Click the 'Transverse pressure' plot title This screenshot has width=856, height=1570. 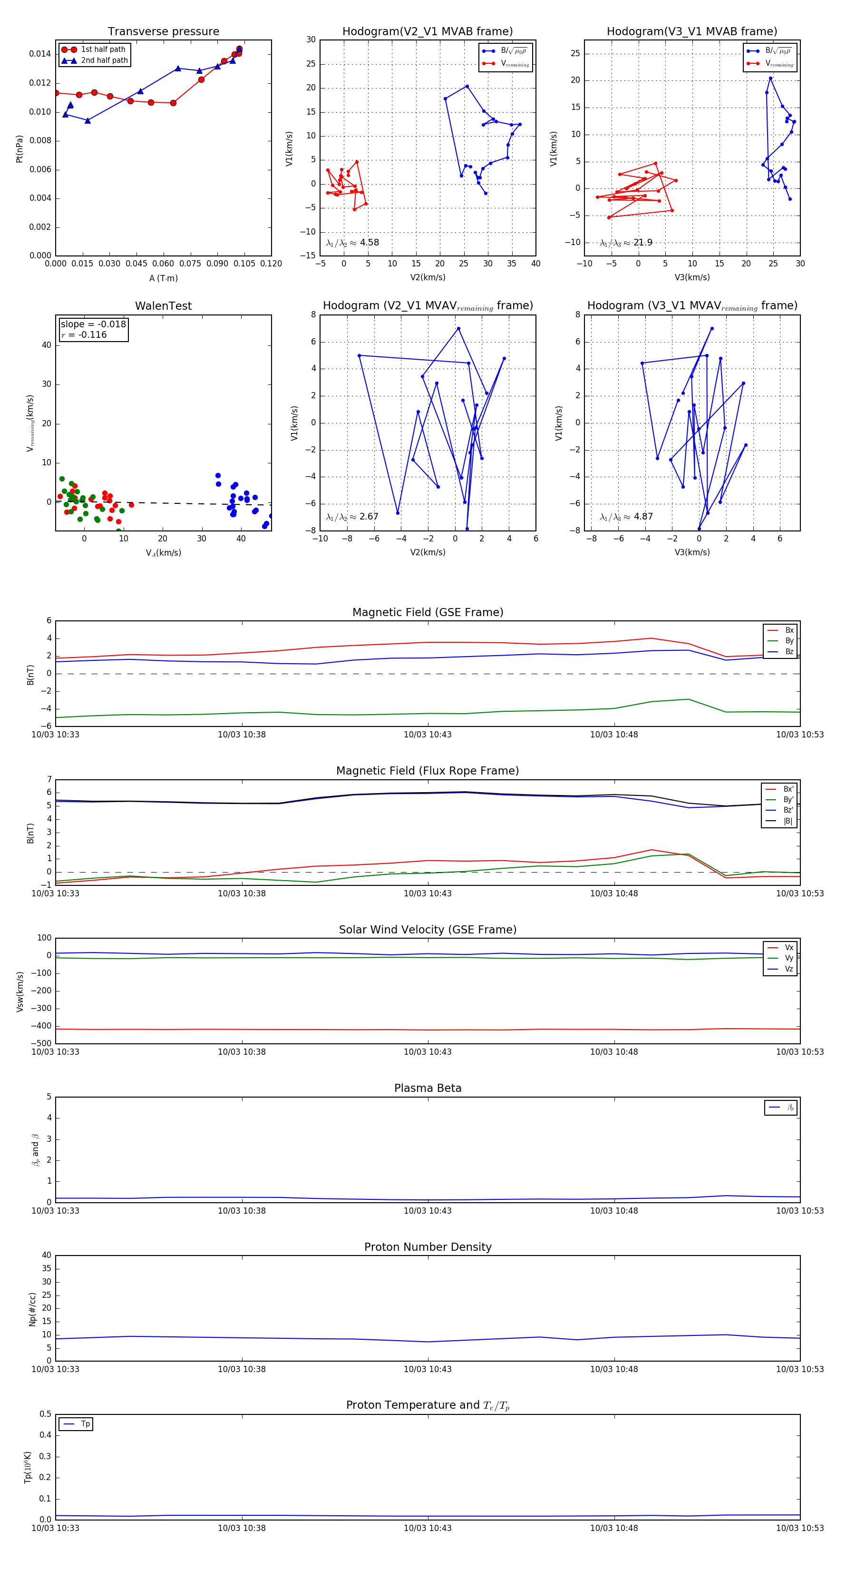163,32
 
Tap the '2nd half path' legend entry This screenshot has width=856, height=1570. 104,60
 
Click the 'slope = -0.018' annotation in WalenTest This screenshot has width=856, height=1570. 93,324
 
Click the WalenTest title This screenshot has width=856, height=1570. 163,306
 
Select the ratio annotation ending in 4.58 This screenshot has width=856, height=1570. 353,243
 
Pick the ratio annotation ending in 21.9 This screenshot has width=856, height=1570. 626,243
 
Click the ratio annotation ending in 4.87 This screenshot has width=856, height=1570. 626,517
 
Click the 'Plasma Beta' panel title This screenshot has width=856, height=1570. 428,1089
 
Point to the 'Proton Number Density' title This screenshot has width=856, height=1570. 428,1247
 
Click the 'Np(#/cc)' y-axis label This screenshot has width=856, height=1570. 32,1309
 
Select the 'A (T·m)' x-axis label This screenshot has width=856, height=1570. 163,278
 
